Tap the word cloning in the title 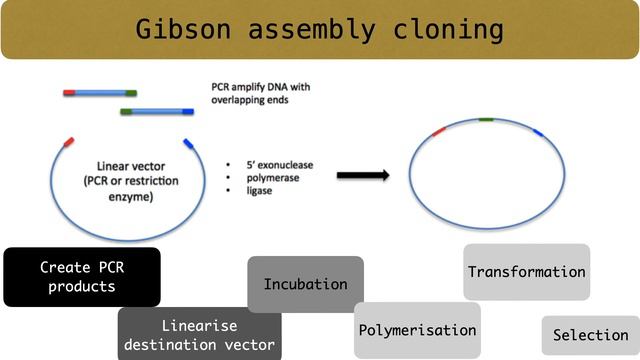(x=451, y=29)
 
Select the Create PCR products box (x=81, y=277)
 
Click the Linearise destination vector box (x=200, y=335)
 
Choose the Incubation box (x=305, y=284)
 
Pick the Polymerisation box (x=416, y=330)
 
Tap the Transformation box (x=526, y=271)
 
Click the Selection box (x=590, y=335)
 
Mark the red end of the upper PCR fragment (x=69, y=92)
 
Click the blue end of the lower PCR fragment (x=187, y=111)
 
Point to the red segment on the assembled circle (x=439, y=131)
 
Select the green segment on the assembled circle (x=486, y=119)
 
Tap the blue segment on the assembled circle (x=537, y=131)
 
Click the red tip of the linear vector (x=68, y=142)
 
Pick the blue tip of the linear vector (x=187, y=142)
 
